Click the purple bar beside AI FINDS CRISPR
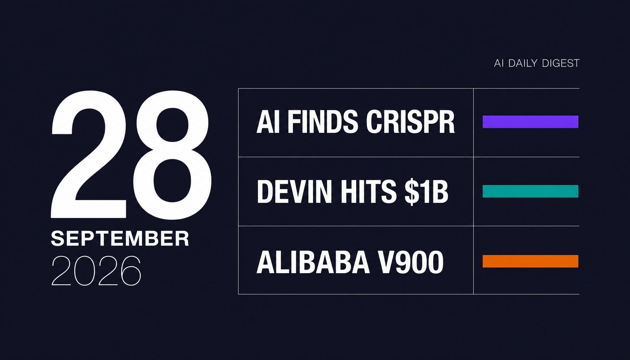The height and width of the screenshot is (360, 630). [530, 122]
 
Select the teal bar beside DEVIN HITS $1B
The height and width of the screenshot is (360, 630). [530, 191]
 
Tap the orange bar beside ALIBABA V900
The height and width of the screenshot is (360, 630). [530, 261]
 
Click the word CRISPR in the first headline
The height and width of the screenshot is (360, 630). [410, 122]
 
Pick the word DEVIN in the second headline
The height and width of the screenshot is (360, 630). [295, 192]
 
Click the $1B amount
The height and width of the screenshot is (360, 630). [426, 192]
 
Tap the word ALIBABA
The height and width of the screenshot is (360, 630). [313, 262]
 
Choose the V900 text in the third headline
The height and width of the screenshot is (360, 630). [411, 262]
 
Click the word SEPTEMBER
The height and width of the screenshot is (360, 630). [120, 239]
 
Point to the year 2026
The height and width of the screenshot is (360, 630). [96, 270]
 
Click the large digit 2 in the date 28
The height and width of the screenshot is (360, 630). [89, 154]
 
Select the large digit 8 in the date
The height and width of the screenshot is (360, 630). [172, 155]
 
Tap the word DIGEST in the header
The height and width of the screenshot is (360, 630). [561, 63]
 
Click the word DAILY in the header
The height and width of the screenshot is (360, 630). [523, 63]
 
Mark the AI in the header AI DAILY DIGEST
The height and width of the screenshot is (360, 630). [499, 63]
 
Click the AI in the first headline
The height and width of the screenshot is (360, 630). [268, 122]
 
